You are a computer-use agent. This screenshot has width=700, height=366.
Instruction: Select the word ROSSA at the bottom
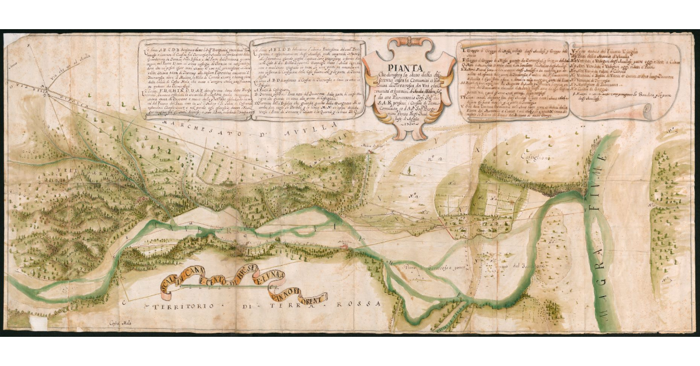[x=368, y=304]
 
